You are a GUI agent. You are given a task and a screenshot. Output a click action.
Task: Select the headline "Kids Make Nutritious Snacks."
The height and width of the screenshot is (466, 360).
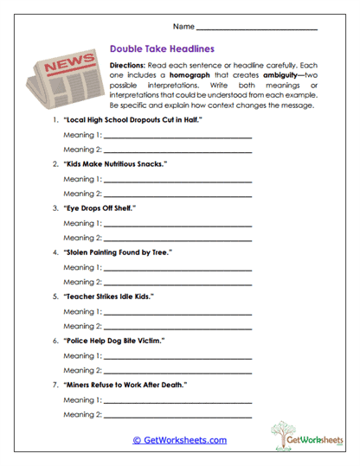point(115,163)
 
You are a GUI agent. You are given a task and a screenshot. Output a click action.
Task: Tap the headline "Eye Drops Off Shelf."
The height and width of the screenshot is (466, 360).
point(100,208)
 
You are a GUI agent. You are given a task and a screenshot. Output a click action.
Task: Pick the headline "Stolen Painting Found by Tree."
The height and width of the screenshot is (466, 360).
point(119,252)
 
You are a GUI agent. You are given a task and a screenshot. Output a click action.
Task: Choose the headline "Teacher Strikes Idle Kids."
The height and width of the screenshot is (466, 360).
point(109,297)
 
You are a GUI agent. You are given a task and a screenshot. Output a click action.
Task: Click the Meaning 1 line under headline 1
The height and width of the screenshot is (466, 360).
point(177,137)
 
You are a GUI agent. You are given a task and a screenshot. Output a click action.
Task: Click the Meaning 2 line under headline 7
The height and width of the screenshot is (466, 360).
point(177,415)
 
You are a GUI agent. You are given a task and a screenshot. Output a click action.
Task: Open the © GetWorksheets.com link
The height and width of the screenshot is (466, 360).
point(179,440)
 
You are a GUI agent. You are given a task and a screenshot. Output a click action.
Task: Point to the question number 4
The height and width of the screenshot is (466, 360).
point(55,252)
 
